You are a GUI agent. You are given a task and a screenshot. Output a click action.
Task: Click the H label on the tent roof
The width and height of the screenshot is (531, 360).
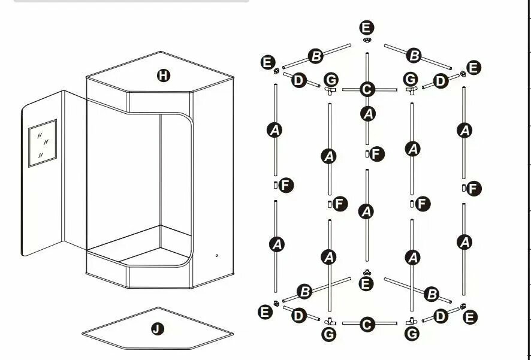(x=164, y=75)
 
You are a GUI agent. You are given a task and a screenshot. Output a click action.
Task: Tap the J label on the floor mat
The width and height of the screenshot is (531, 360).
(x=158, y=328)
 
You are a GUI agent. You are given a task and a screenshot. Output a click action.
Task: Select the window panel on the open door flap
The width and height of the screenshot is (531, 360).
(x=43, y=143)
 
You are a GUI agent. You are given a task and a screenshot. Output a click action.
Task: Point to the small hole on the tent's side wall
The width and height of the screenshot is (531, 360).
(x=217, y=256)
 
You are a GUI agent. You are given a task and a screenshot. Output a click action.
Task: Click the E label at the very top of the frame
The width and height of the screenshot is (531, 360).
(x=366, y=28)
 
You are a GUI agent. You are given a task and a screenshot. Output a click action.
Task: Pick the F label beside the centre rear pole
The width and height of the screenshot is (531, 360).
(x=377, y=155)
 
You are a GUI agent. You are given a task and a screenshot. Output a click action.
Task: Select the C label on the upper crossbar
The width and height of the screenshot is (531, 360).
(x=367, y=90)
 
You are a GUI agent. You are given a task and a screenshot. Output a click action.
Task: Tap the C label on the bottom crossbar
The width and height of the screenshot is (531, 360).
(x=367, y=324)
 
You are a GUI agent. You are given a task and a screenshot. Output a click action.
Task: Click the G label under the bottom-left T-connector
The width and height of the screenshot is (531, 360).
(x=329, y=334)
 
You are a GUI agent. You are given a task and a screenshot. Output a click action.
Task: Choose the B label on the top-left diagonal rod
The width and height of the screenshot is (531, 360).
(x=316, y=56)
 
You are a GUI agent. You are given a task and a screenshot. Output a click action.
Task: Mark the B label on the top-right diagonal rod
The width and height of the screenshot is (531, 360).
(x=414, y=56)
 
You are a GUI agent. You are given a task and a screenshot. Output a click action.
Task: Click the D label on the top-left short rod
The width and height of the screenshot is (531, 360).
(x=298, y=80)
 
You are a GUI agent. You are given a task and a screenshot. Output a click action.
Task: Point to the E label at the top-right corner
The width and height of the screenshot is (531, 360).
(x=474, y=68)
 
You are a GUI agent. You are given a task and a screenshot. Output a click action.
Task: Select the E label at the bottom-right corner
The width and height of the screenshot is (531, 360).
(x=470, y=317)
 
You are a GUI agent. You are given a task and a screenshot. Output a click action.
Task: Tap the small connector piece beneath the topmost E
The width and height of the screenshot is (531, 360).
(x=367, y=40)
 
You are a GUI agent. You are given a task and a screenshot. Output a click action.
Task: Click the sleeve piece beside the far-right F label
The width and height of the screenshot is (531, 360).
(x=464, y=187)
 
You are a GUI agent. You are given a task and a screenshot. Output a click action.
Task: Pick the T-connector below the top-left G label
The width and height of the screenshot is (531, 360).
(x=330, y=90)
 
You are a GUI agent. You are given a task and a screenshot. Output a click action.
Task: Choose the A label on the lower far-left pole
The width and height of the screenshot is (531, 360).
(x=277, y=244)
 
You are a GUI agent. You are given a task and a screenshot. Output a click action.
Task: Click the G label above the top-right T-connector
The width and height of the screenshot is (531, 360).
(x=411, y=80)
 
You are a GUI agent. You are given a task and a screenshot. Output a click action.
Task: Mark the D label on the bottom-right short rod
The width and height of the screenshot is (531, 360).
(x=441, y=317)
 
